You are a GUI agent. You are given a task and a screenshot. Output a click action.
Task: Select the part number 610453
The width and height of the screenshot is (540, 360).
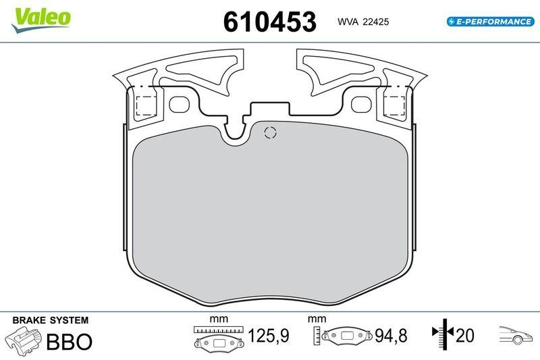tap(269, 22)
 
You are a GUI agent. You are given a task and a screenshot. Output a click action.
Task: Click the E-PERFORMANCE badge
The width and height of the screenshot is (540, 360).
tap(489, 22)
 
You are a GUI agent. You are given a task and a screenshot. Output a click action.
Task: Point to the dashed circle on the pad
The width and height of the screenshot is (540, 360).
tap(269, 132)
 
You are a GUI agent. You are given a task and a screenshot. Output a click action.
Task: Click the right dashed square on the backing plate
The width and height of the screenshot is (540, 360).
tap(394, 105)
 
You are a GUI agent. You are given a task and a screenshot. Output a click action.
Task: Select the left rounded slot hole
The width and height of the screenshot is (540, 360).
tap(180, 105)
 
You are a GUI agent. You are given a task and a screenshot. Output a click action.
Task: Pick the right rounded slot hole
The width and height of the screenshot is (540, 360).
tap(360, 105)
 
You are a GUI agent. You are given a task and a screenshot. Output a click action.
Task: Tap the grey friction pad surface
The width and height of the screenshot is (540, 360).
tap(270, 216)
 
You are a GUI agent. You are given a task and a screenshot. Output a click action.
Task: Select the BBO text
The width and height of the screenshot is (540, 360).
tap(68, 342)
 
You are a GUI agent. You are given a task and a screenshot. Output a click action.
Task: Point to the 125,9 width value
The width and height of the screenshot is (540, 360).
tap(269, 336)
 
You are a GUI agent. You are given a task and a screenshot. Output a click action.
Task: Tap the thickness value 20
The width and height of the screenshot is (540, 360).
tap(465, 336)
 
